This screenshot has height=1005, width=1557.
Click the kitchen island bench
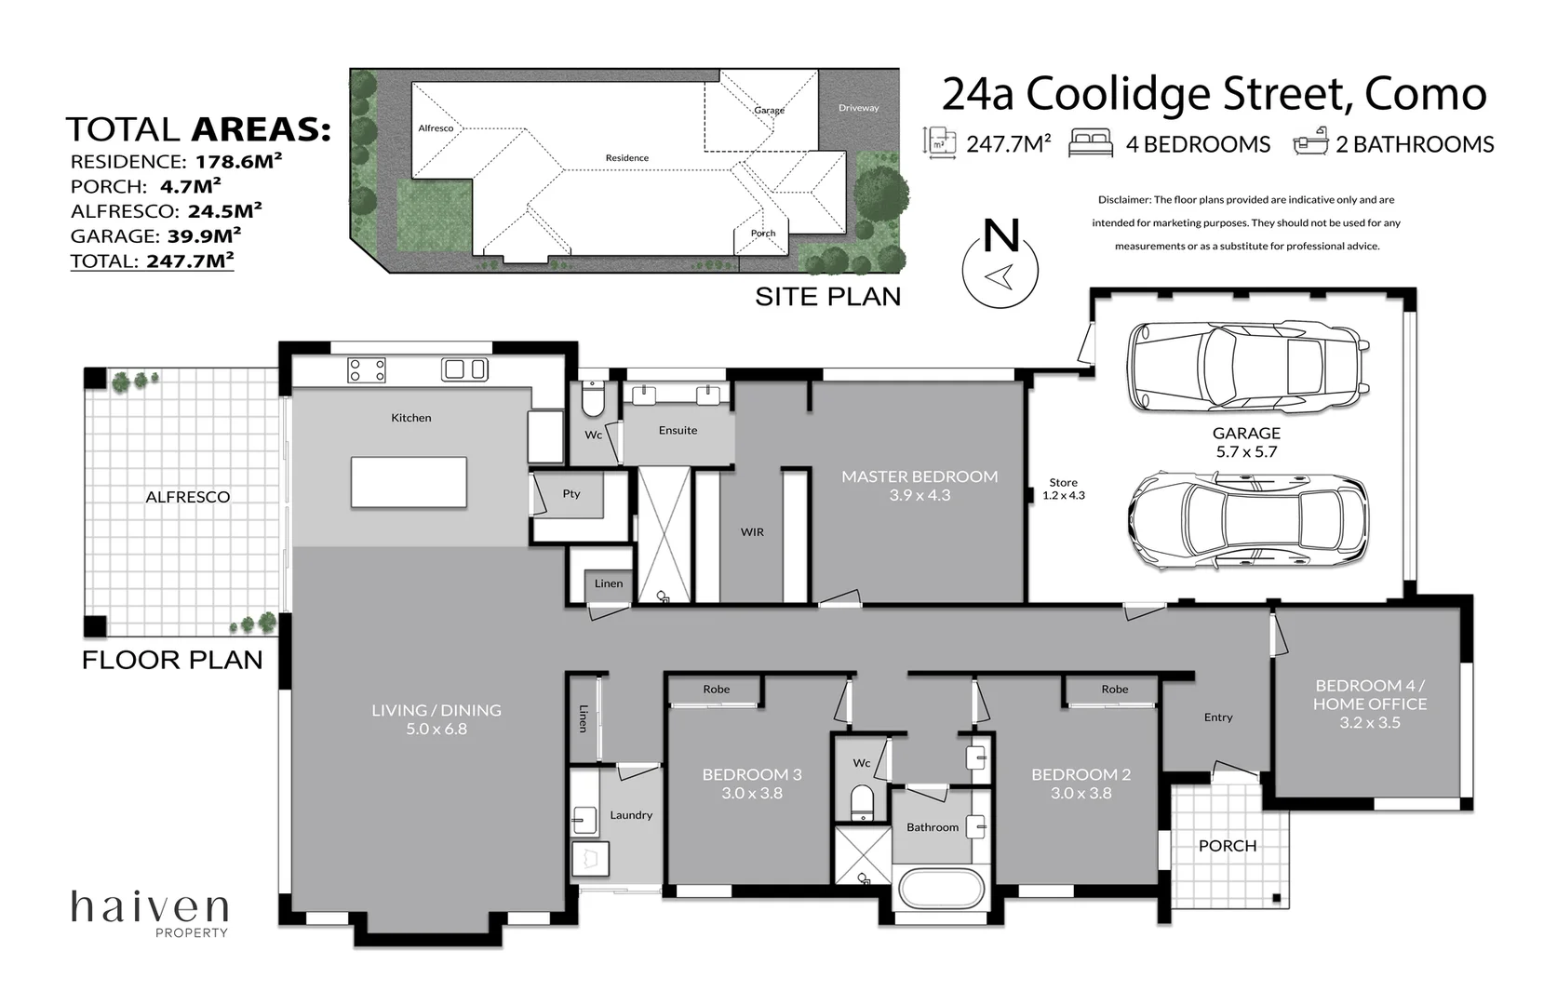pos(409,482)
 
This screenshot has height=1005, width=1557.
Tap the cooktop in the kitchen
pos(367,369)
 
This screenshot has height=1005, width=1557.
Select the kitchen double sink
pos(464,369)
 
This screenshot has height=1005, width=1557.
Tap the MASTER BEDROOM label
pos(919,476)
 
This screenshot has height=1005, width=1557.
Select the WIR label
pos(752,532)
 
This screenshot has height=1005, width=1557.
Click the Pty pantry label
pos(571,494)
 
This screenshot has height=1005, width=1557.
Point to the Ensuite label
pos(678,430)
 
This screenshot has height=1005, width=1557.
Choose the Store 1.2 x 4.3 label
pos(1064,489)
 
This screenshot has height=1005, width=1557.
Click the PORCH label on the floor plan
pos(1228,846)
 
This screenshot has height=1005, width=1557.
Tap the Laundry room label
pos(631,815)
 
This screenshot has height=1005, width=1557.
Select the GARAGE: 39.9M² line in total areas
pos(155,235)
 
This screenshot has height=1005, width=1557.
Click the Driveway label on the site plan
pos(858,108)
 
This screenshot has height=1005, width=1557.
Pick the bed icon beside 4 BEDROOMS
pos(1091,143)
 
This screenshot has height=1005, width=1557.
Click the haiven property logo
pos(150,914)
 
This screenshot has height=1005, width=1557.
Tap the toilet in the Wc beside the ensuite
pos(593,398)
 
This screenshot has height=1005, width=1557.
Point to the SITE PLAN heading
pos(828,297)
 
